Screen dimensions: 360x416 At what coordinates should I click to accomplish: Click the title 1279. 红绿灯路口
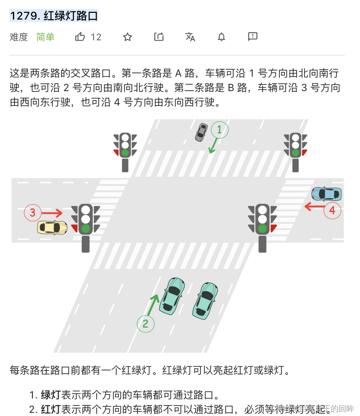(54, 16)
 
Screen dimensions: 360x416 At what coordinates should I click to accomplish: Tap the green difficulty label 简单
(45, 37)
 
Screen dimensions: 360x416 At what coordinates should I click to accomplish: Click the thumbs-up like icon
(80, 37)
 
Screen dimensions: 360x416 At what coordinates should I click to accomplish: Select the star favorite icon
(128, 37)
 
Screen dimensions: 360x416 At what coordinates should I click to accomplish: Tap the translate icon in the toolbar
(190, 37)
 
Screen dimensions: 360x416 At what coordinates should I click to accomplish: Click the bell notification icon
(221, 37)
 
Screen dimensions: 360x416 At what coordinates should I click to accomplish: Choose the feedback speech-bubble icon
(253, 37)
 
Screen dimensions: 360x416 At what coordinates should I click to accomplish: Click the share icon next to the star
(159, 37)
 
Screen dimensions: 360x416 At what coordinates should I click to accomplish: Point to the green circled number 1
(220, 130)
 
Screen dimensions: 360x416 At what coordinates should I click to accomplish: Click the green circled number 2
(146, 324)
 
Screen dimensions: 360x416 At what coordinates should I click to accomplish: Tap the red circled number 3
(33, 213)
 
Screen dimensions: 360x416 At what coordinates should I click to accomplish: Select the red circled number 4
(332, 211)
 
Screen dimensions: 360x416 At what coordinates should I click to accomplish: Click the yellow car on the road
(52, 228)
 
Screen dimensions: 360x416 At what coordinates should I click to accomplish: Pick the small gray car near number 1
(202, 132)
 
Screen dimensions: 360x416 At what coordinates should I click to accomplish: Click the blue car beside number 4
(326, 194)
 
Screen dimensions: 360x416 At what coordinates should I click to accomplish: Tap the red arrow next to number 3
(52, 213)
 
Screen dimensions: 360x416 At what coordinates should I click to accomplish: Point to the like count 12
(96, 37)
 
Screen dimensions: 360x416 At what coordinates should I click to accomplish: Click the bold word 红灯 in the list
(51, 409)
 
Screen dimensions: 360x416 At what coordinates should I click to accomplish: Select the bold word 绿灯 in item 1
(51, 394)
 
